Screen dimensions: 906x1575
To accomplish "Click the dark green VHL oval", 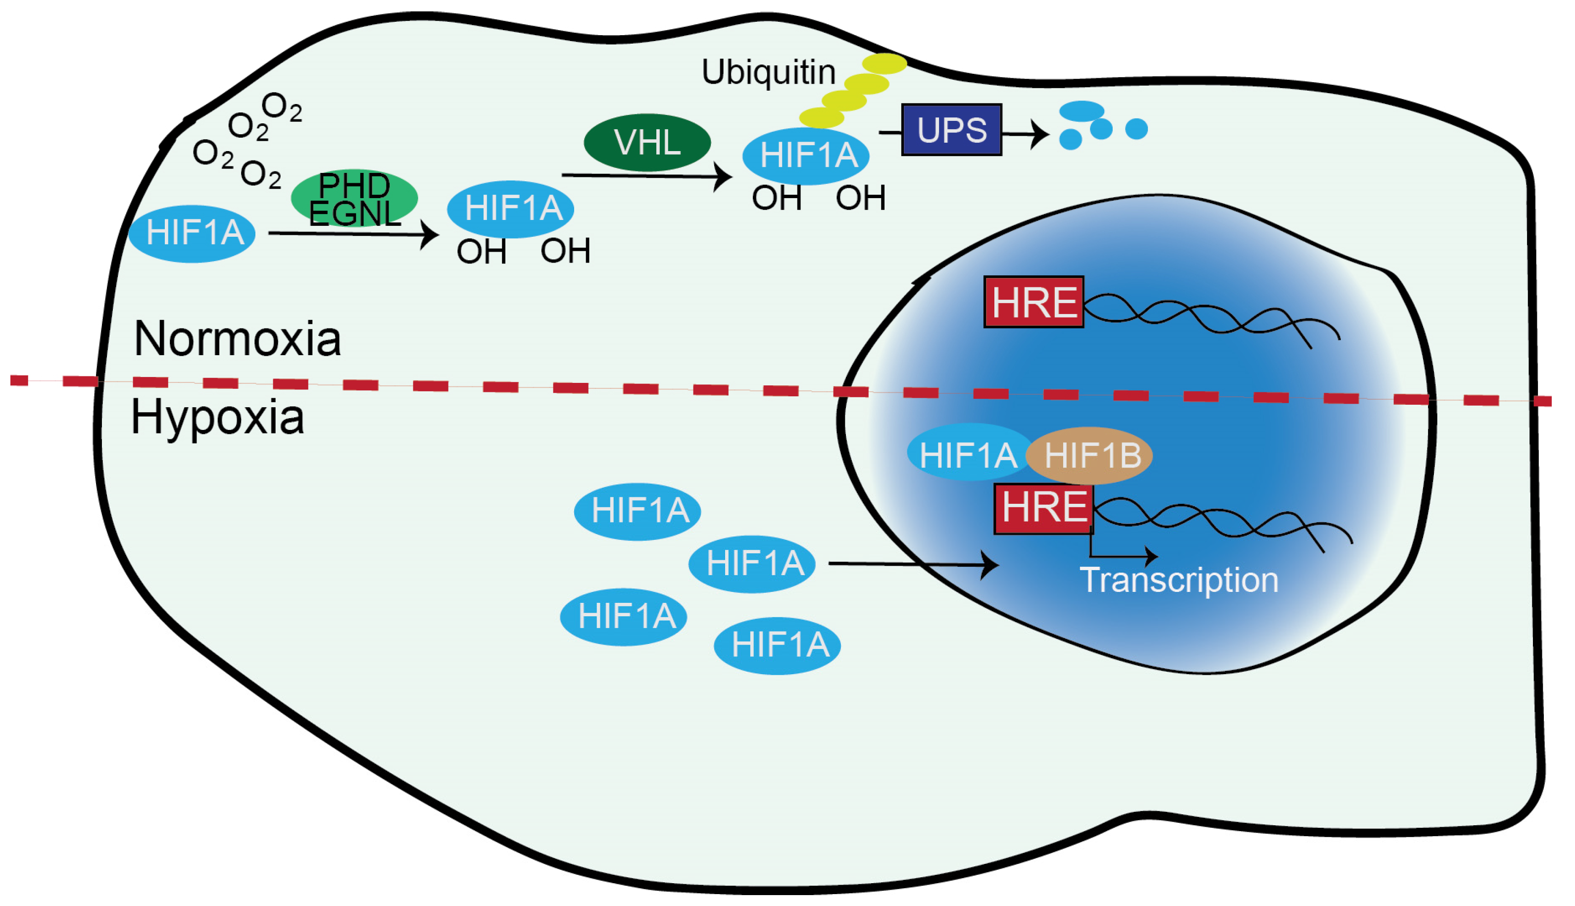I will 646,143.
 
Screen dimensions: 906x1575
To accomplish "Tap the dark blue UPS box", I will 951,129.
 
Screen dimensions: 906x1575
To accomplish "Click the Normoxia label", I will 238,339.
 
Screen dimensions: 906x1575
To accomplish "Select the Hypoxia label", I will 218,417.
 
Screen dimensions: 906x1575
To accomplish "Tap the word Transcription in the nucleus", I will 1179,580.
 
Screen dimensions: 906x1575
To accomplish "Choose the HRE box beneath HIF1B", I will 1043,508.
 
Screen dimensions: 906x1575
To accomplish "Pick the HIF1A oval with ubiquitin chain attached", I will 806,156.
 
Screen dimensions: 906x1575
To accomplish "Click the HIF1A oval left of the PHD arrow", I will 193,233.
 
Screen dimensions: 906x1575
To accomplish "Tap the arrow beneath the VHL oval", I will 646,176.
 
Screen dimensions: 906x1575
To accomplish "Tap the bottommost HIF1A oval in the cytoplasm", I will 777,645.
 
